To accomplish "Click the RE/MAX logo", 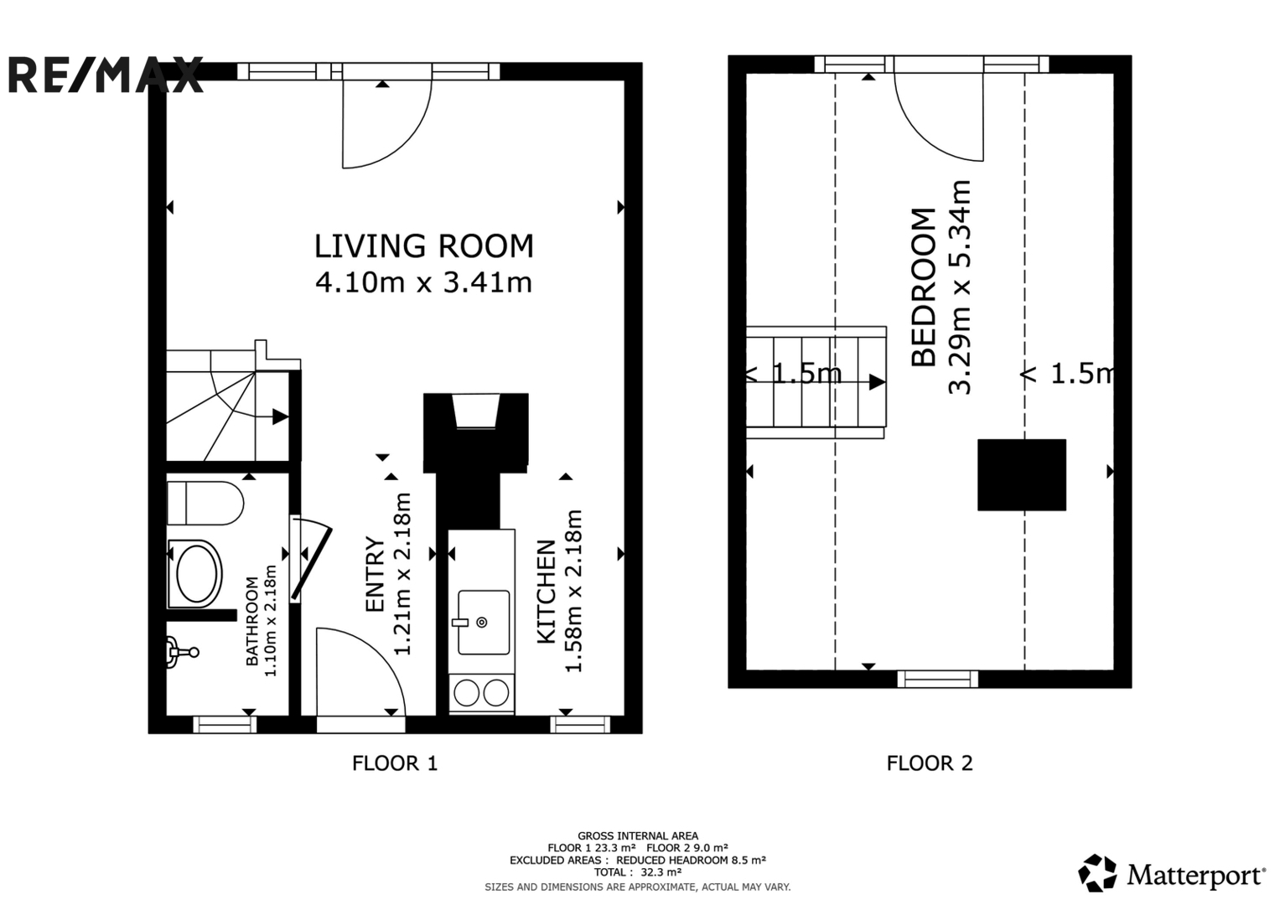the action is [106, 75].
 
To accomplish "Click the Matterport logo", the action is [1171, 874].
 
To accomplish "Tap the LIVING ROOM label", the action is [423, 246].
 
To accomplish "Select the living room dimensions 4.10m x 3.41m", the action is [423, 283].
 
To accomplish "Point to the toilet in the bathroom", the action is [205, 504].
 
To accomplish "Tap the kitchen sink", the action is [483, 622].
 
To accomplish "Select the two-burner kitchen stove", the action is [481, 694].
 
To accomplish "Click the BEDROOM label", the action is [924, 287].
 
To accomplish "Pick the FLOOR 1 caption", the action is [395, 763].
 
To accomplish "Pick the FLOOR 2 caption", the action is [930, 763].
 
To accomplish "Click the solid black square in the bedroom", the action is [1022, 475].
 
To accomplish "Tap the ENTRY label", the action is [375, 575].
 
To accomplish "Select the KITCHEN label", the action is [547, 592].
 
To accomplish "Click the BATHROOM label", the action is [252, 621].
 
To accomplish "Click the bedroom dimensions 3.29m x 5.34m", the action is [960, 287].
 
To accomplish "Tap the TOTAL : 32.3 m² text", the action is [638, 872].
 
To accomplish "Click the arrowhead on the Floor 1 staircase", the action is [280, 417].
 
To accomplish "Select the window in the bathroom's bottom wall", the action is [225, 725].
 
